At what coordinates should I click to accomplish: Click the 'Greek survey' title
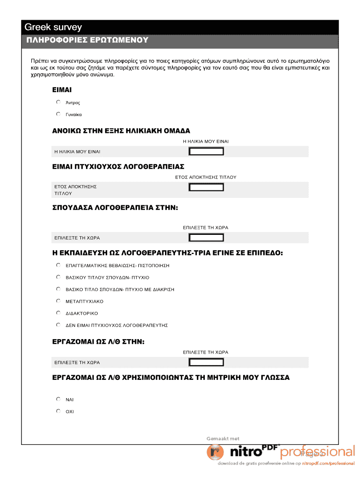tap(53, 28)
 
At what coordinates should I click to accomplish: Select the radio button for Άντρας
tap(58, 102)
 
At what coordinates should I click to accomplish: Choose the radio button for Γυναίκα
tap(58, 114)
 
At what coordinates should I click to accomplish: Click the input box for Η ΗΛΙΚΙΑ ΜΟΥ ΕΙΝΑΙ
tap(206, 151)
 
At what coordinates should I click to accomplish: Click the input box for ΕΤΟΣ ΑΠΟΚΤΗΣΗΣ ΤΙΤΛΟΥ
tap(206, 187)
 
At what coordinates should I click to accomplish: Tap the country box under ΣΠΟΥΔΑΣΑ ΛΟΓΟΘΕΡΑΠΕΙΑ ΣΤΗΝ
tap(206, 237)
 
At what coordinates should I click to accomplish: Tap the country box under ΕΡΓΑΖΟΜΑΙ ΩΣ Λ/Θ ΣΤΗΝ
tap(206, 362)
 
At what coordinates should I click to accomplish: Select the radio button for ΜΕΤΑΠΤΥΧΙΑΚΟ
tap(58, 301)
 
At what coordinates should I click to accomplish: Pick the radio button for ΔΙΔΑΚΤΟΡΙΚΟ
tap(58, 312)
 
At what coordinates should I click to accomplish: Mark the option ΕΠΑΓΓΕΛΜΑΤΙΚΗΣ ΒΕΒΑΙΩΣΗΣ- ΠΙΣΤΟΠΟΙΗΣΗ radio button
tap(58, 265)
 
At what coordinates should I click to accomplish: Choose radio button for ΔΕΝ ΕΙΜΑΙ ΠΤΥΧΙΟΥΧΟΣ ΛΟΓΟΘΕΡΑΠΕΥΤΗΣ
tap(58, 325)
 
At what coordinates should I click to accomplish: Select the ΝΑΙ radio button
tap(58, 399)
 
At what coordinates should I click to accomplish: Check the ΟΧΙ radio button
tap(58, 411)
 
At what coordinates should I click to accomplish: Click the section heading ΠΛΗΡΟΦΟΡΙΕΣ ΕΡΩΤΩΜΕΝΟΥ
tap(86, 40)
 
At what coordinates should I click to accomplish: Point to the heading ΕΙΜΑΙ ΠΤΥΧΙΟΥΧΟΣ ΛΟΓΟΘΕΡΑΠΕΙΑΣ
tap(118, 167)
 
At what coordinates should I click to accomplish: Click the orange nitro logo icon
tap(216, 452)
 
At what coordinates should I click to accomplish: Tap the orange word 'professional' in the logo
tap(317, 451)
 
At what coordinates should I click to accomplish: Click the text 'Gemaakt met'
tap(223, 438)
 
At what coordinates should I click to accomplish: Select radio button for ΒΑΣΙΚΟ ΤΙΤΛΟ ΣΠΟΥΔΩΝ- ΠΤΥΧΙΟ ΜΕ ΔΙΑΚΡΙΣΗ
tap(58, 289)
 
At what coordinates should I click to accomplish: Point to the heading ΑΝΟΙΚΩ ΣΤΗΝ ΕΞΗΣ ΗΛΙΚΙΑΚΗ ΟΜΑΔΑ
tap(121, 131)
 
